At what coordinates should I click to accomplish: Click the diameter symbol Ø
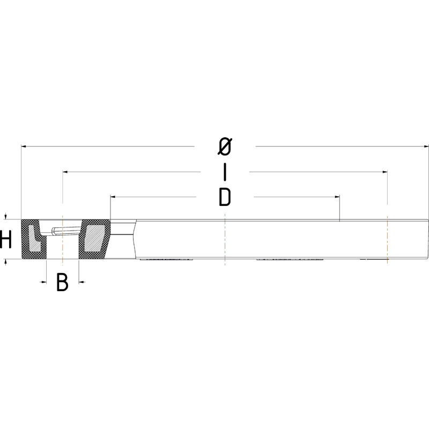coord(225,146)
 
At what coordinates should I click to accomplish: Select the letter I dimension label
coord(225,172)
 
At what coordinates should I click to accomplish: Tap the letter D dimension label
coord(225,197)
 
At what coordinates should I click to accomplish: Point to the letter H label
coord(6,240)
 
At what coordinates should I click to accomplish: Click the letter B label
coord(62,282)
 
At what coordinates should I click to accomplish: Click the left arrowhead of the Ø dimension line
coord(24,146)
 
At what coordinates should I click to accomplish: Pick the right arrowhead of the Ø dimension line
coord(426,146)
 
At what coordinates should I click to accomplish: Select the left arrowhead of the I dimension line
coord(65,172)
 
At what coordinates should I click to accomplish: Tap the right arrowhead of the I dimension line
coord(384,172)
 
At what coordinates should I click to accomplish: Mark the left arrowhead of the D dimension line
coord(113,197)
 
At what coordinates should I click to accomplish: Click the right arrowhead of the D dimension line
coord(337,197)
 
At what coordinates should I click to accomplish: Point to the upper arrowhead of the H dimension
coord(6,217)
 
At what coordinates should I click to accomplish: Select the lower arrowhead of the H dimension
coord(6,262)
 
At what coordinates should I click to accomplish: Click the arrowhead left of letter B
coord(43,281)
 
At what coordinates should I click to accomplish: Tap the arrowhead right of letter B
coord(82,281)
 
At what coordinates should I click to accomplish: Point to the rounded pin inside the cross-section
coord(63,231)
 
